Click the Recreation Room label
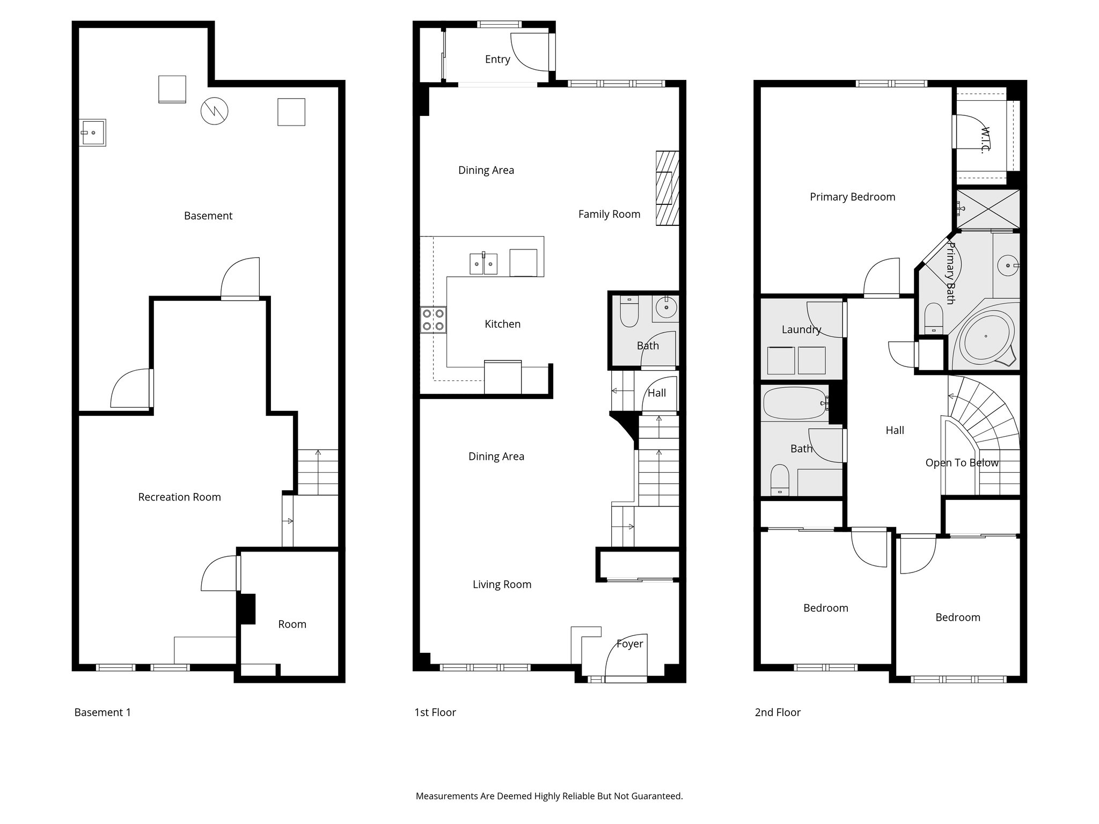click(x=179, y=497)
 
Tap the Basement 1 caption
click(x=102, y=712)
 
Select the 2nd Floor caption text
click(x=778, y=712)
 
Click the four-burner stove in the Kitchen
click(x=433, y=319)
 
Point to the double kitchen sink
click(x=483, y=263)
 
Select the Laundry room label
click(x=801, y=329)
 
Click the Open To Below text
click(x=962, y=463)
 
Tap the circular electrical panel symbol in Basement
click(x=214, y=112)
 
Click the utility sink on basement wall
click(x=92, y=132)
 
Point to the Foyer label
click(x=629, y=644)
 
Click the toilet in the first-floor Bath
click(x=628, y=312)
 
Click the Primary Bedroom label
click(x=852, y=197)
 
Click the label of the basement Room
click(x=292, y=624)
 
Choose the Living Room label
click(x=502, y=585)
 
